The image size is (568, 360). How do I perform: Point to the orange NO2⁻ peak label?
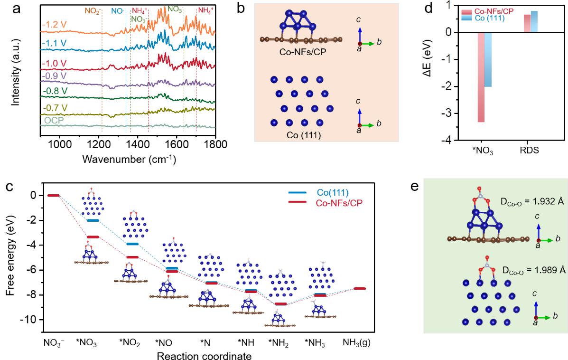[x=94, y=10]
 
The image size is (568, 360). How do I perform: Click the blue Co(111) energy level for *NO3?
[x=93, y=220]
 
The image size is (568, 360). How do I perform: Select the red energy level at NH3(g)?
[x=360, y=288]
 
